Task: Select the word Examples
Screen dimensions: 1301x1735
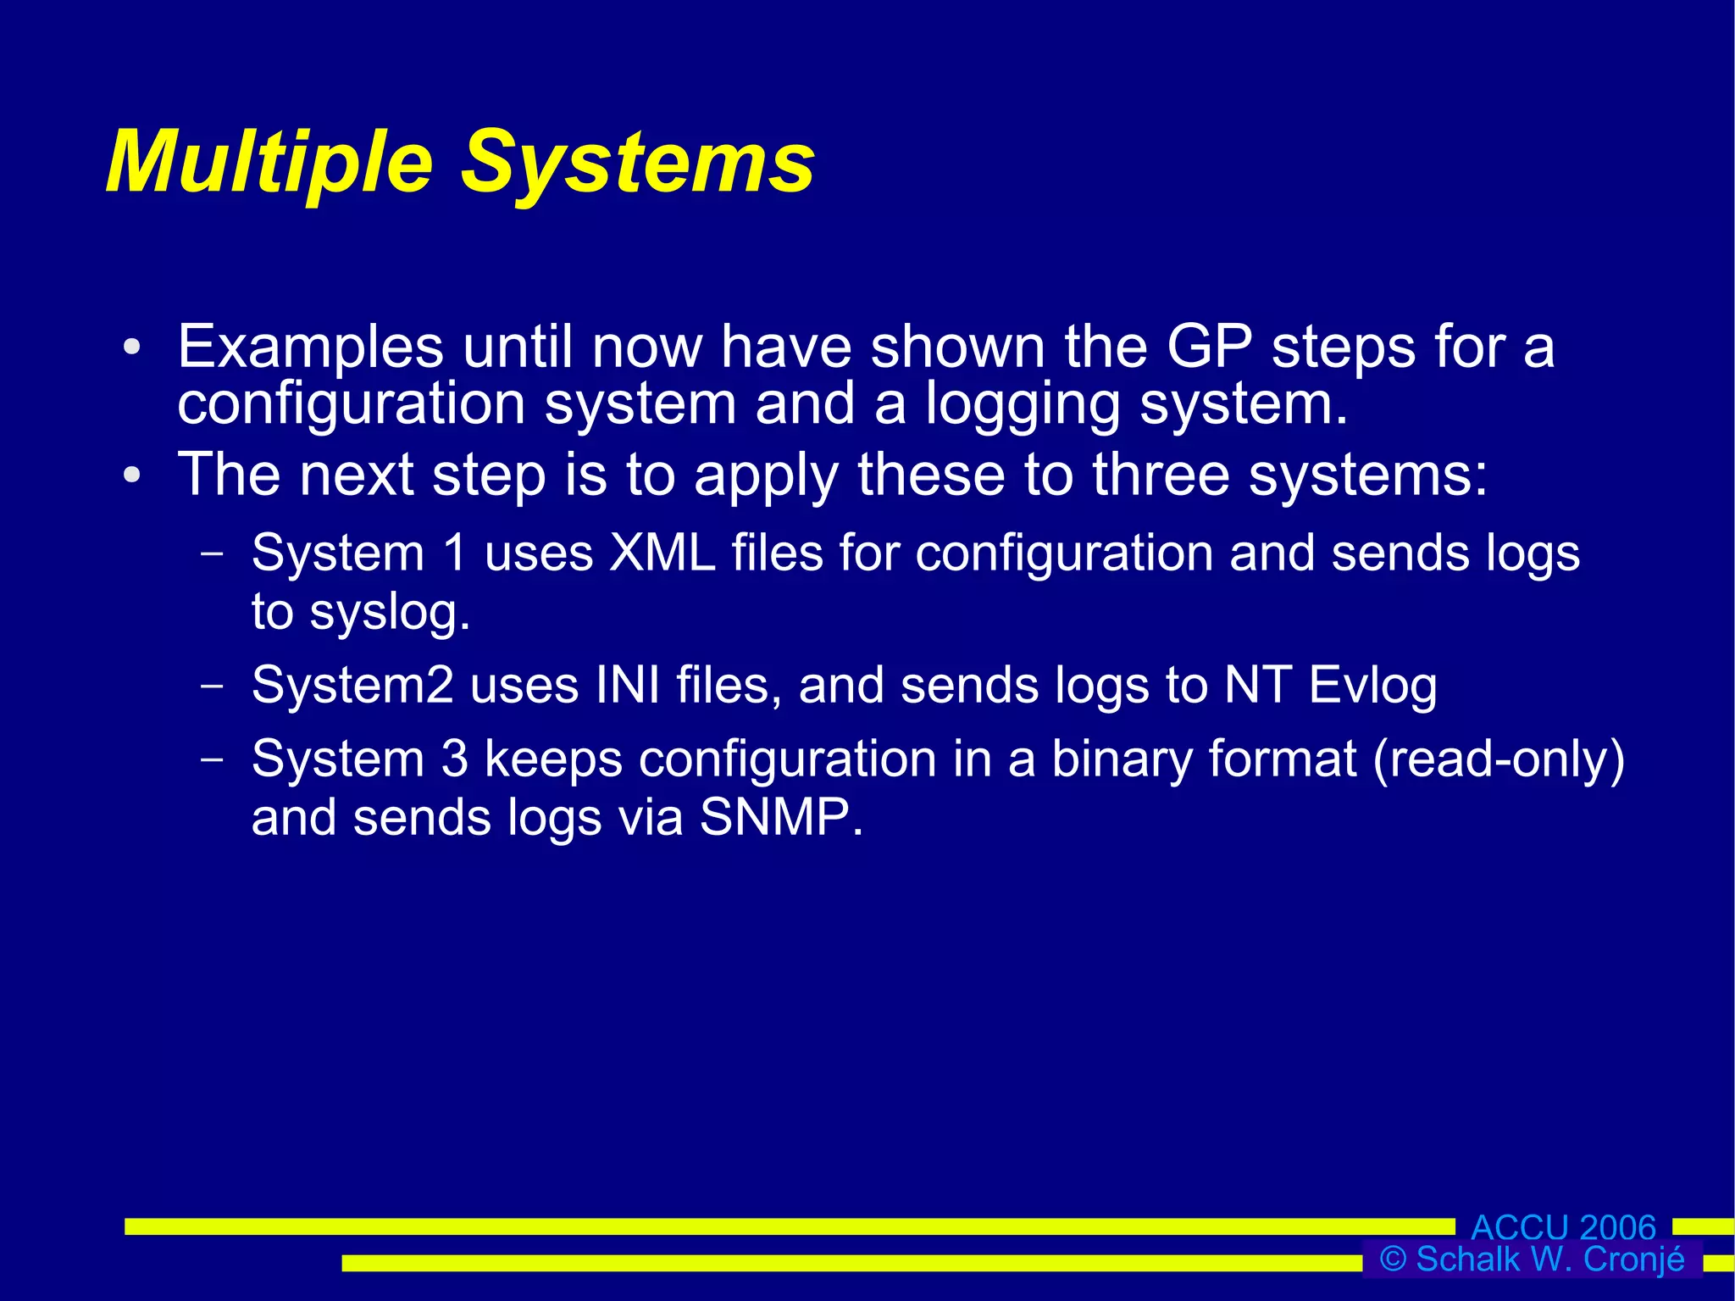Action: pyautogui.click(x=310, y=347)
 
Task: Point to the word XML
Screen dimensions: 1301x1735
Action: pyautogui.click(x=662, y=553)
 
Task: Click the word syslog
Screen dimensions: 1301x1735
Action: pyautogui.click(x=389, y=612)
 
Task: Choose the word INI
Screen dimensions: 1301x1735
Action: pyautogui.click(x=627, y=685)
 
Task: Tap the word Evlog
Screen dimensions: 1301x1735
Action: pyautogui.click(x=1372, y=685)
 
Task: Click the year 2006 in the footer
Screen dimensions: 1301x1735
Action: pyautogui.click(x=1617, y=1227)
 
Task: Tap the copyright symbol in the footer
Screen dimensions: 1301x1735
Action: pyautogui.click(x=1393, y=1259)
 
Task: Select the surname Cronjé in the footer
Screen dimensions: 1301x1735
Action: pyautogui.click(x=1634, y=1259)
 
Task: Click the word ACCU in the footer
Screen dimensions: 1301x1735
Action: pyautogui.click(x=1520, y=1227)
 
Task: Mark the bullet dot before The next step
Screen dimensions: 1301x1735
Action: pyautogui.click(x=131, y=475)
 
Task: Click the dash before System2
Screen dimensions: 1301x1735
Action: pyautogui.click(x=212, y=685)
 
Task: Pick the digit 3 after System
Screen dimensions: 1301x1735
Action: pyautogui.click(x=454, y=758)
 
